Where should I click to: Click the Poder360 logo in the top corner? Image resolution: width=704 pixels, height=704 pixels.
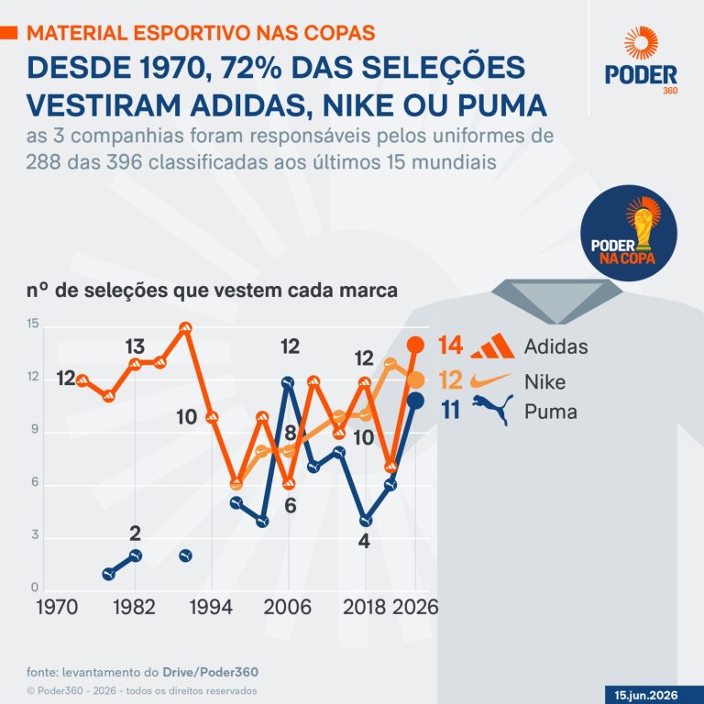pos(641,60)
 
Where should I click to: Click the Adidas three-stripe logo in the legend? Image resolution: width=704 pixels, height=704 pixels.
pos(492,346)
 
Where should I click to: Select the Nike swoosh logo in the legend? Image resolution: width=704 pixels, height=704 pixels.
pos(490,381)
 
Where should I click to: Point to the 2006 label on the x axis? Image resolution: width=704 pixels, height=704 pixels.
pos(287,607)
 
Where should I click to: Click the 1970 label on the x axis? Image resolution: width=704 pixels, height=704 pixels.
pos(57,607)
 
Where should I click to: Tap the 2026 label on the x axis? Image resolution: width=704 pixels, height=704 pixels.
pos(415,607)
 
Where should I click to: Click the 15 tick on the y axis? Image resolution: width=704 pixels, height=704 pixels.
pos(33,324)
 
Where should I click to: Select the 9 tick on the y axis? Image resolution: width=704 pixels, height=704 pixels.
pos(35,430)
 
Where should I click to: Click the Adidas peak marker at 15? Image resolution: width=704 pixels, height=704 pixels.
pos(185,328)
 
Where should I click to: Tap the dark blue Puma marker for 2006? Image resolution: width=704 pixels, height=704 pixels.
pos(288,382)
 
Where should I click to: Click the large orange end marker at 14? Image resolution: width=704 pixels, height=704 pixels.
pos(415,345)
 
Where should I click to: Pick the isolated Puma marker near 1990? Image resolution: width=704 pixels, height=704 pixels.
pos(185,555)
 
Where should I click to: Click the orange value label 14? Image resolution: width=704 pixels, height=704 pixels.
pos(450,346)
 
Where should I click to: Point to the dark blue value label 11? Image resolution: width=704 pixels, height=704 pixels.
pos(451,411)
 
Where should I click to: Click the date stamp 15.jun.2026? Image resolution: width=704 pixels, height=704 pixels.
pos(645,696)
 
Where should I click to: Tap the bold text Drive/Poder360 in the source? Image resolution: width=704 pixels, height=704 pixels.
pos(210,672)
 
